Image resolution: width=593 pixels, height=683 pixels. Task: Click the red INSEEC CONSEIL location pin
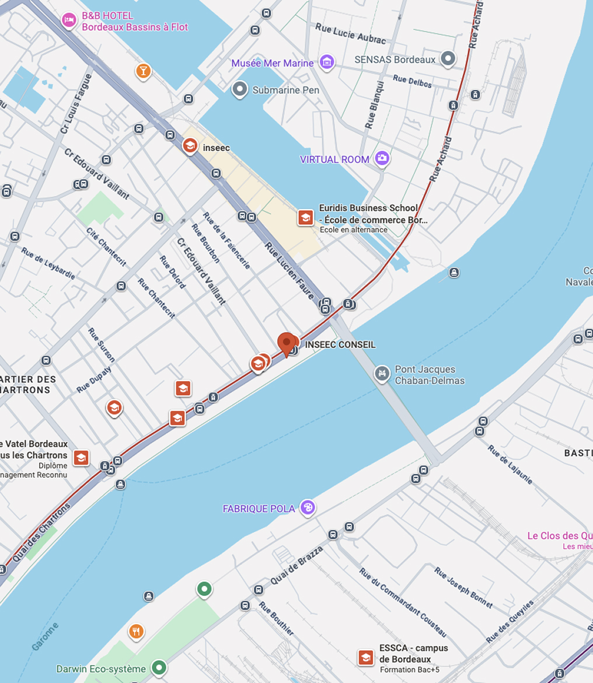pos(286,343)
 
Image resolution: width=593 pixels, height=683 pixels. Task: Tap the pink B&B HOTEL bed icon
pos(69,20)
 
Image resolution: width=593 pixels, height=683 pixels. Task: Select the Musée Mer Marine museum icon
pos(327,62)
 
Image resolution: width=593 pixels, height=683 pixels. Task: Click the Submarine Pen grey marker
pos(239,89)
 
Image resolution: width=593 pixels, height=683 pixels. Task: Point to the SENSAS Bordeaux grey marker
pos(448,59)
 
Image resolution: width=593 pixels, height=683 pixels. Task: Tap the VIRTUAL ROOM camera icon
pos(382,158)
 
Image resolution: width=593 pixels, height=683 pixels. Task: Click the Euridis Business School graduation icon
pos(305,218)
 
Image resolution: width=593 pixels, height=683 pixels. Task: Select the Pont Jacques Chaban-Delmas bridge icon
pos(382,374)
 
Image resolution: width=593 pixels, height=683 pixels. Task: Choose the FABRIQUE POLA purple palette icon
pos(308,507)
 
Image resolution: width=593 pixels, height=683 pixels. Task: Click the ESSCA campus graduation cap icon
pos(366,658)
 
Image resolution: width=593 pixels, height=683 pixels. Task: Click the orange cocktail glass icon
pos(143,71)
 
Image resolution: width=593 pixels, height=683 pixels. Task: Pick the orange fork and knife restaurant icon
pos(136,631)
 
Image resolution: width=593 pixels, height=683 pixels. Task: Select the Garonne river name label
pos(46,636)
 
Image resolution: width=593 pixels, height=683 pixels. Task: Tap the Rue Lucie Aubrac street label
pos(351,33)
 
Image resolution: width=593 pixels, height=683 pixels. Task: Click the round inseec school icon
pos(190,145)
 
